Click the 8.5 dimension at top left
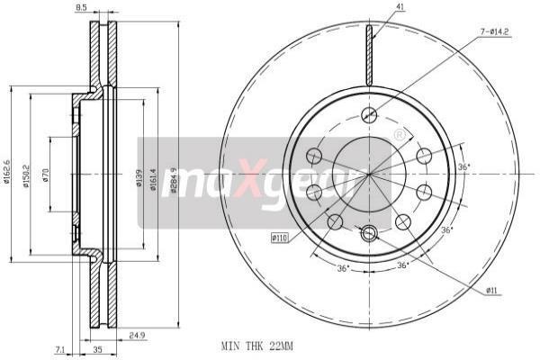[x=81, y=7]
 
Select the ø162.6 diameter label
[x=6, y=169]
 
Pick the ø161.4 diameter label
[x=154, y=178]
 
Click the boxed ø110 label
[x=280, y=238]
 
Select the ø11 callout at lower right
[x=494, y=291]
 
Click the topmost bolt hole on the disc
[x=367, y=113]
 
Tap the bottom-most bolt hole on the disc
[x=367, y=233]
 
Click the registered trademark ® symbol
[x=398, y=135]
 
